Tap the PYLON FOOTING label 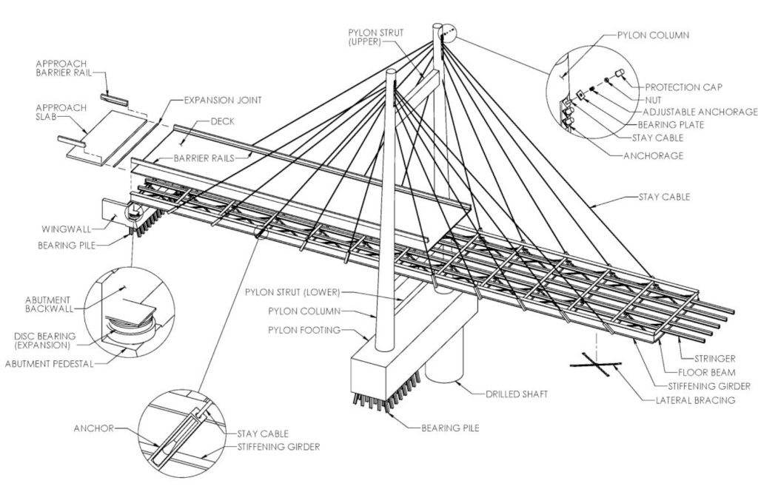(304, 330)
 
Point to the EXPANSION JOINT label (222, 99)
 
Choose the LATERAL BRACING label (700, 399)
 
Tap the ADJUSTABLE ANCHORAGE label (689, 112)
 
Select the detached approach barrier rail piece (115, 96)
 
